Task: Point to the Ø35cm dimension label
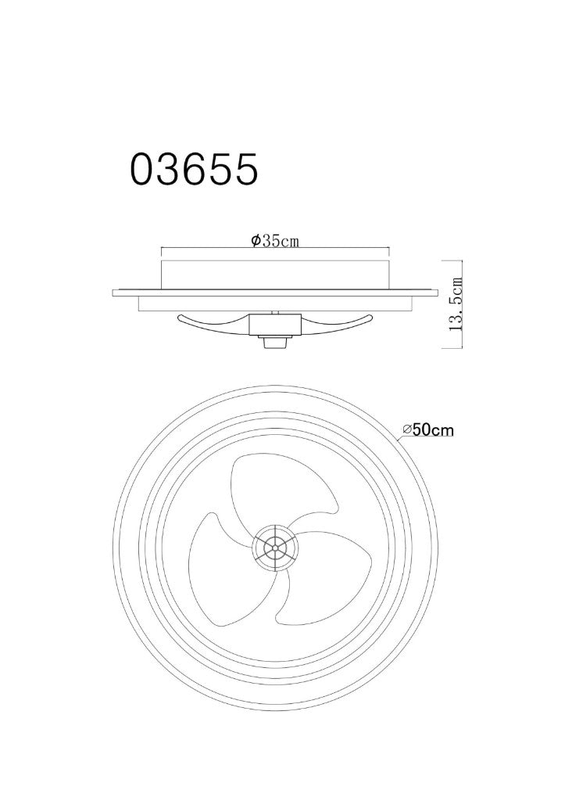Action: (x=274, y=241)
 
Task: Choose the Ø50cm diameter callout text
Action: (x=427, y=430)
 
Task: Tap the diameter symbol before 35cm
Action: (x=256, y=241)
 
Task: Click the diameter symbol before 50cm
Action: (x=407, y=431)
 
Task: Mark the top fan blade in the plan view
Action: (x=266, y=490)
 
